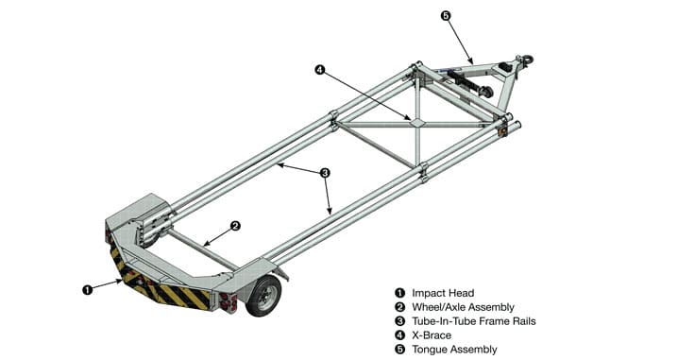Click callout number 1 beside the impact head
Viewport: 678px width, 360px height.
click(87, 289)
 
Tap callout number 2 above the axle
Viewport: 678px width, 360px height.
click(235, 226)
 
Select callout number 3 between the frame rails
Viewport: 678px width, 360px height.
click(325, 173)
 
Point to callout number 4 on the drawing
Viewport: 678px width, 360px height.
click(319, 69)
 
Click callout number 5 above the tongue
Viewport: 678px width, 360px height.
click(446, 16)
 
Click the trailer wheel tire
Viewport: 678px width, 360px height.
click(264, 296)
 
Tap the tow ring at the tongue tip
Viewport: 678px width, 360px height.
click(528, 60)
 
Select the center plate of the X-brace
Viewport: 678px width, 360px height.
click(417, 123)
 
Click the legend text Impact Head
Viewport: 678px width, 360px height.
click(443, 293)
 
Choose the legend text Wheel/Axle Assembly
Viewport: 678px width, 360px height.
click(463, 307)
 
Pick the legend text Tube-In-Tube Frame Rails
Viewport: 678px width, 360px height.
click(473, 321)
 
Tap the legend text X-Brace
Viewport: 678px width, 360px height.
click(432, 335)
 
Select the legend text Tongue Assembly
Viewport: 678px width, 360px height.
click(454, 350)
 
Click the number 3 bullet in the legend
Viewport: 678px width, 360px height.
click(400, 321)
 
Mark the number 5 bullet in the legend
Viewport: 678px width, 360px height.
click(400, 350)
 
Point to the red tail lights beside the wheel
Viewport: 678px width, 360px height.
click(228, 301)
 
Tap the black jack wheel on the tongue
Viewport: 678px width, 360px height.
click(487, 93)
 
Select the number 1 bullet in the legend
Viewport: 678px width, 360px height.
click(400, 293)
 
